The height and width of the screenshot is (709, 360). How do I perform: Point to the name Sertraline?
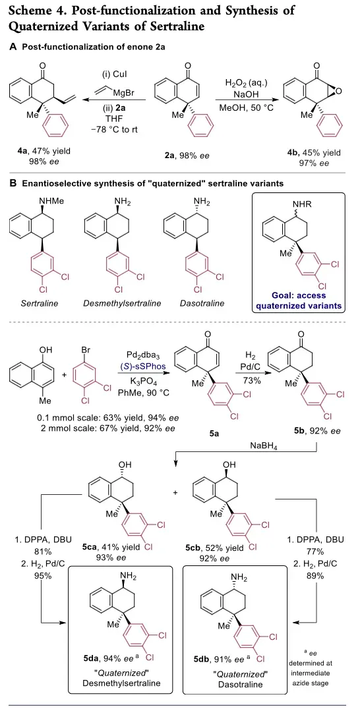(40, 303)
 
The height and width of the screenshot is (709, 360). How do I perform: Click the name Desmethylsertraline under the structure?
(122, 303)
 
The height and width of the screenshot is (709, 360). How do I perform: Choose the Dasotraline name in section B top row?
(202, 303)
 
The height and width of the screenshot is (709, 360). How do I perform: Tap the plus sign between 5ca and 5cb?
(175, 492)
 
